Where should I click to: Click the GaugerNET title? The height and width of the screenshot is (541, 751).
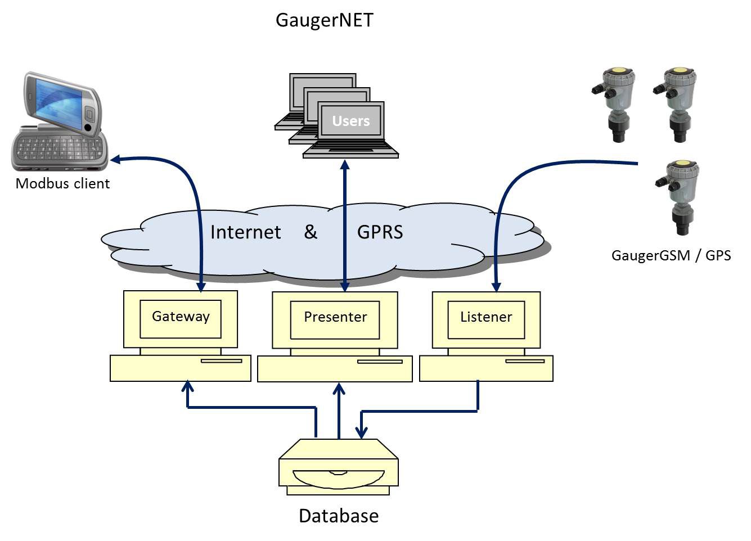[324, 20]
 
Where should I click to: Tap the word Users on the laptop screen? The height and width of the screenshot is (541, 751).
[350, 121]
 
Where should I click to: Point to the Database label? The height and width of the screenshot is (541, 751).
[338, 516]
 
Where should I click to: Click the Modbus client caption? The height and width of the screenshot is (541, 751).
[62, 184]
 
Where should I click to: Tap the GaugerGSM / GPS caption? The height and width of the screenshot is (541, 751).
[671, 256]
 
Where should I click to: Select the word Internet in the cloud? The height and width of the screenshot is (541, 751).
[245, 232]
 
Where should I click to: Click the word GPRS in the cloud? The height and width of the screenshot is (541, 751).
[380, 232]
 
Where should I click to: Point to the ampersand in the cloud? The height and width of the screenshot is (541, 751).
[311, 232]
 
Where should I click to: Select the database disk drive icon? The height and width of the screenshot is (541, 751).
[338, 467]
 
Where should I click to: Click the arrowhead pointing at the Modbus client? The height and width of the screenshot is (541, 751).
[115, 160]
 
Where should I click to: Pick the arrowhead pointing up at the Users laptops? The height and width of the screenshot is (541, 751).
[345, 164]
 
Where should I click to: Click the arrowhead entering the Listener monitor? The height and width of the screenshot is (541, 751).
[496, 287]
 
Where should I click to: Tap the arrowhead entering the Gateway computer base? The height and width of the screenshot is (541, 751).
[188, 386]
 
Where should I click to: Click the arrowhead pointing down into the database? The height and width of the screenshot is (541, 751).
[362, 432]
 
